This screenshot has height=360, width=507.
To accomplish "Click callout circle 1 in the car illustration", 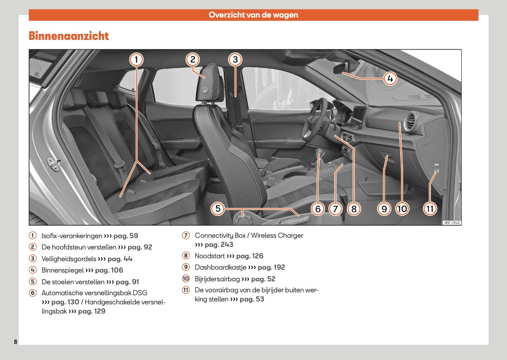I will pos(137,59).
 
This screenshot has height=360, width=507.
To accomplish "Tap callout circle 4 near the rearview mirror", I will pos(390,78).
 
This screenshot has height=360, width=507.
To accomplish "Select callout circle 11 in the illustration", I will pos(430,209).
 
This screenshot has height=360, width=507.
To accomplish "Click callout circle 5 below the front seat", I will pos(218,209).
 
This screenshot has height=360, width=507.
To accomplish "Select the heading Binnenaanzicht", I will pos(69,36).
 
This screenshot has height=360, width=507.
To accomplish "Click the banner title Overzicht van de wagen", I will pos(253,15).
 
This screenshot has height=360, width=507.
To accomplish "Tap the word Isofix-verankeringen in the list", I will pos(72,236).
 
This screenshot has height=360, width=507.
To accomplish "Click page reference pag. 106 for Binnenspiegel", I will pos(109,270).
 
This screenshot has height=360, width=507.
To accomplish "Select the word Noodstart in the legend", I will pos(210,256).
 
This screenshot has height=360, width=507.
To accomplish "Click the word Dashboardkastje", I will pos(220,267).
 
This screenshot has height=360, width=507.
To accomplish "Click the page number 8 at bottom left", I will pos(15,342).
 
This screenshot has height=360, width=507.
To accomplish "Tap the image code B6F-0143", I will pos(451,222).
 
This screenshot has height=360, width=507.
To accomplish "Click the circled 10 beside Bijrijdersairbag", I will pos(186,279).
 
